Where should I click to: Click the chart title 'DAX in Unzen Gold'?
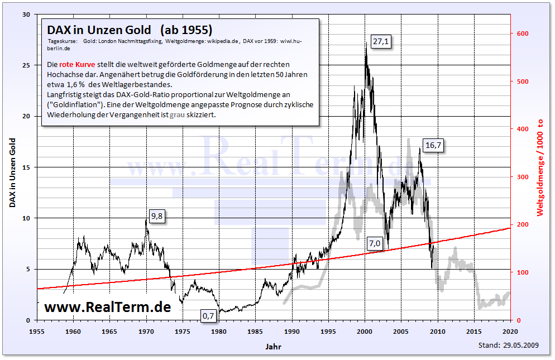click(x=99, y=29)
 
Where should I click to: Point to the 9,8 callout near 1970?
click(x=157, y=217)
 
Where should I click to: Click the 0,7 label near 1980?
click(x=208, y=316)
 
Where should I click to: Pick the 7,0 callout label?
click(x=374, y=243)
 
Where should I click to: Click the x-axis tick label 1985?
click(x=255, y=330)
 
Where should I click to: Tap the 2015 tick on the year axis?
click(x=474, y=330)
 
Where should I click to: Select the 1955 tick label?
click(x=37, y=330)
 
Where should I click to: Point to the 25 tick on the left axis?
click(x=26, y=65)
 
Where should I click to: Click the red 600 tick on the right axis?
click(x=522, y=33)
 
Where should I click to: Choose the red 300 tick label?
click(x=522, y=177)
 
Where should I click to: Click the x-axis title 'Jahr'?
click(x=274, y=347)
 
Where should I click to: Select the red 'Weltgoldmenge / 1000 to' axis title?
click(x=540, y=167)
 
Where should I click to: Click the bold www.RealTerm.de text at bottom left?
click(x=107, y=306)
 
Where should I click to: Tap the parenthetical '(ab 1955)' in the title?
click(x=186, y=29)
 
